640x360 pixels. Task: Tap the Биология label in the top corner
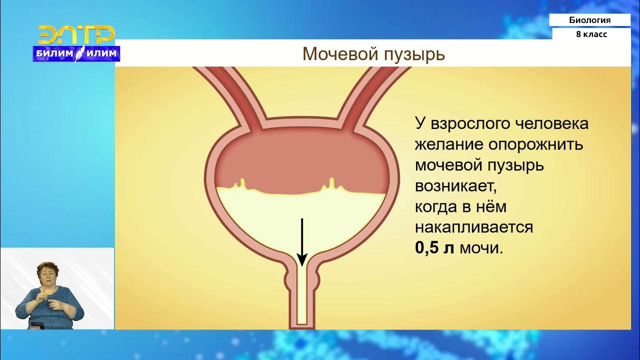tap(589, 20)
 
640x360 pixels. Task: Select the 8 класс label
tap(591, 34)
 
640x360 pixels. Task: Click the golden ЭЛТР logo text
tap(76, 35)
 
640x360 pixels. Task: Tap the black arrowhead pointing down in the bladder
tap(302, 260)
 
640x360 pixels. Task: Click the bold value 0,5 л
tap(434, 248)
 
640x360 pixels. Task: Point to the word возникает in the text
tap(456, 186)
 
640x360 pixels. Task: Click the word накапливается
tap(473, 227)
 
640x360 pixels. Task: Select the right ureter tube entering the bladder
tap(372, 95)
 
